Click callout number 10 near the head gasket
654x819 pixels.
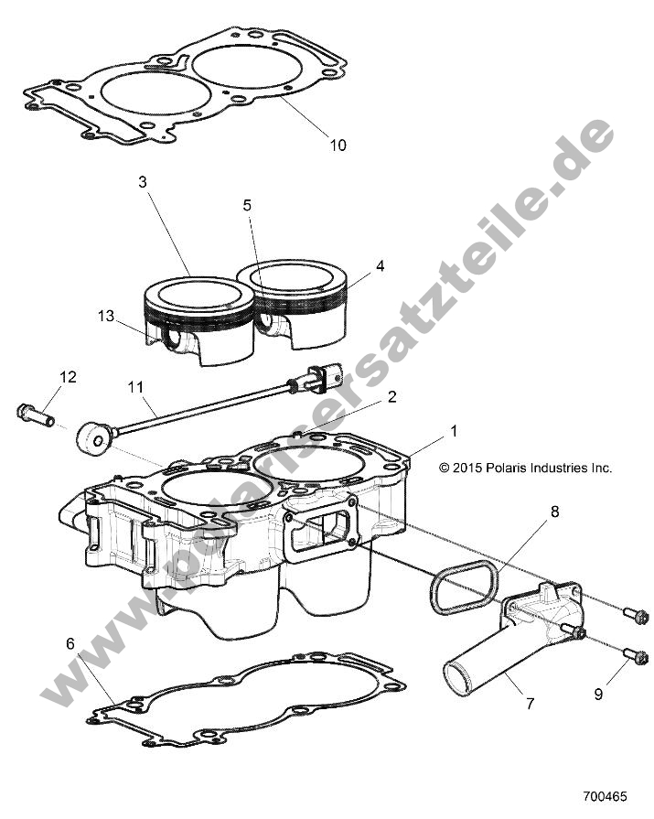coord(338,145)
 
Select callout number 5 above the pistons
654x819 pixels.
coord(247,206)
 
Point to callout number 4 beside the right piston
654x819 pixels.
coord(380,267)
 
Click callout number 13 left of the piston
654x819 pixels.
coord(107,316)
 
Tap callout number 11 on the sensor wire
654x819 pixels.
coord(136,387)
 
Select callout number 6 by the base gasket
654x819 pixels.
coord(70,644)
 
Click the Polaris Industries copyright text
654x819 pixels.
coord(525,468)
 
